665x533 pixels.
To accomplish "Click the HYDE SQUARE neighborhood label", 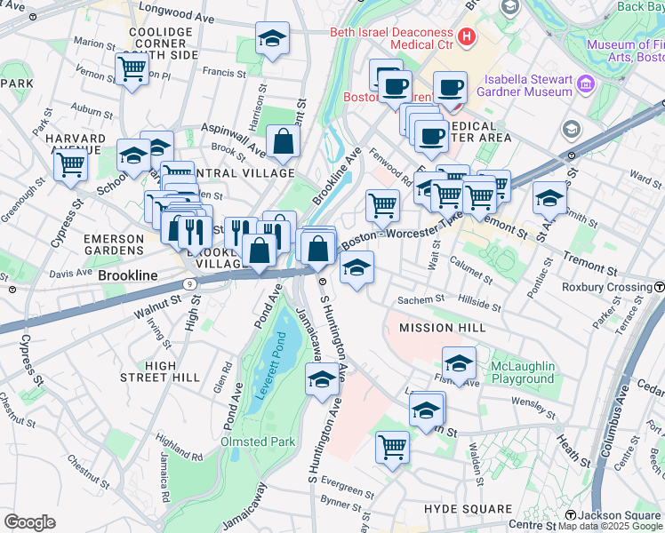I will pos(468,509).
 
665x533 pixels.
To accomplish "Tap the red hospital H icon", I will pos(468,39).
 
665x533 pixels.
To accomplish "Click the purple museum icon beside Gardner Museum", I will pos(585,85).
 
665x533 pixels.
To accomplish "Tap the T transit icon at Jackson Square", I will pos(570,515).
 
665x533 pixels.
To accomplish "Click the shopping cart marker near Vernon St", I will pos(132,69).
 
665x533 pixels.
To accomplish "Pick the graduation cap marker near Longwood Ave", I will pos(272,38).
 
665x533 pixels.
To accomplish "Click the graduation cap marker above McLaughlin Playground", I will pos(459,362).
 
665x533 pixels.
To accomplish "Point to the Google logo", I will pos(29,521).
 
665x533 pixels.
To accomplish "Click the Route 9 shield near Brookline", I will pos(190,284).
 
